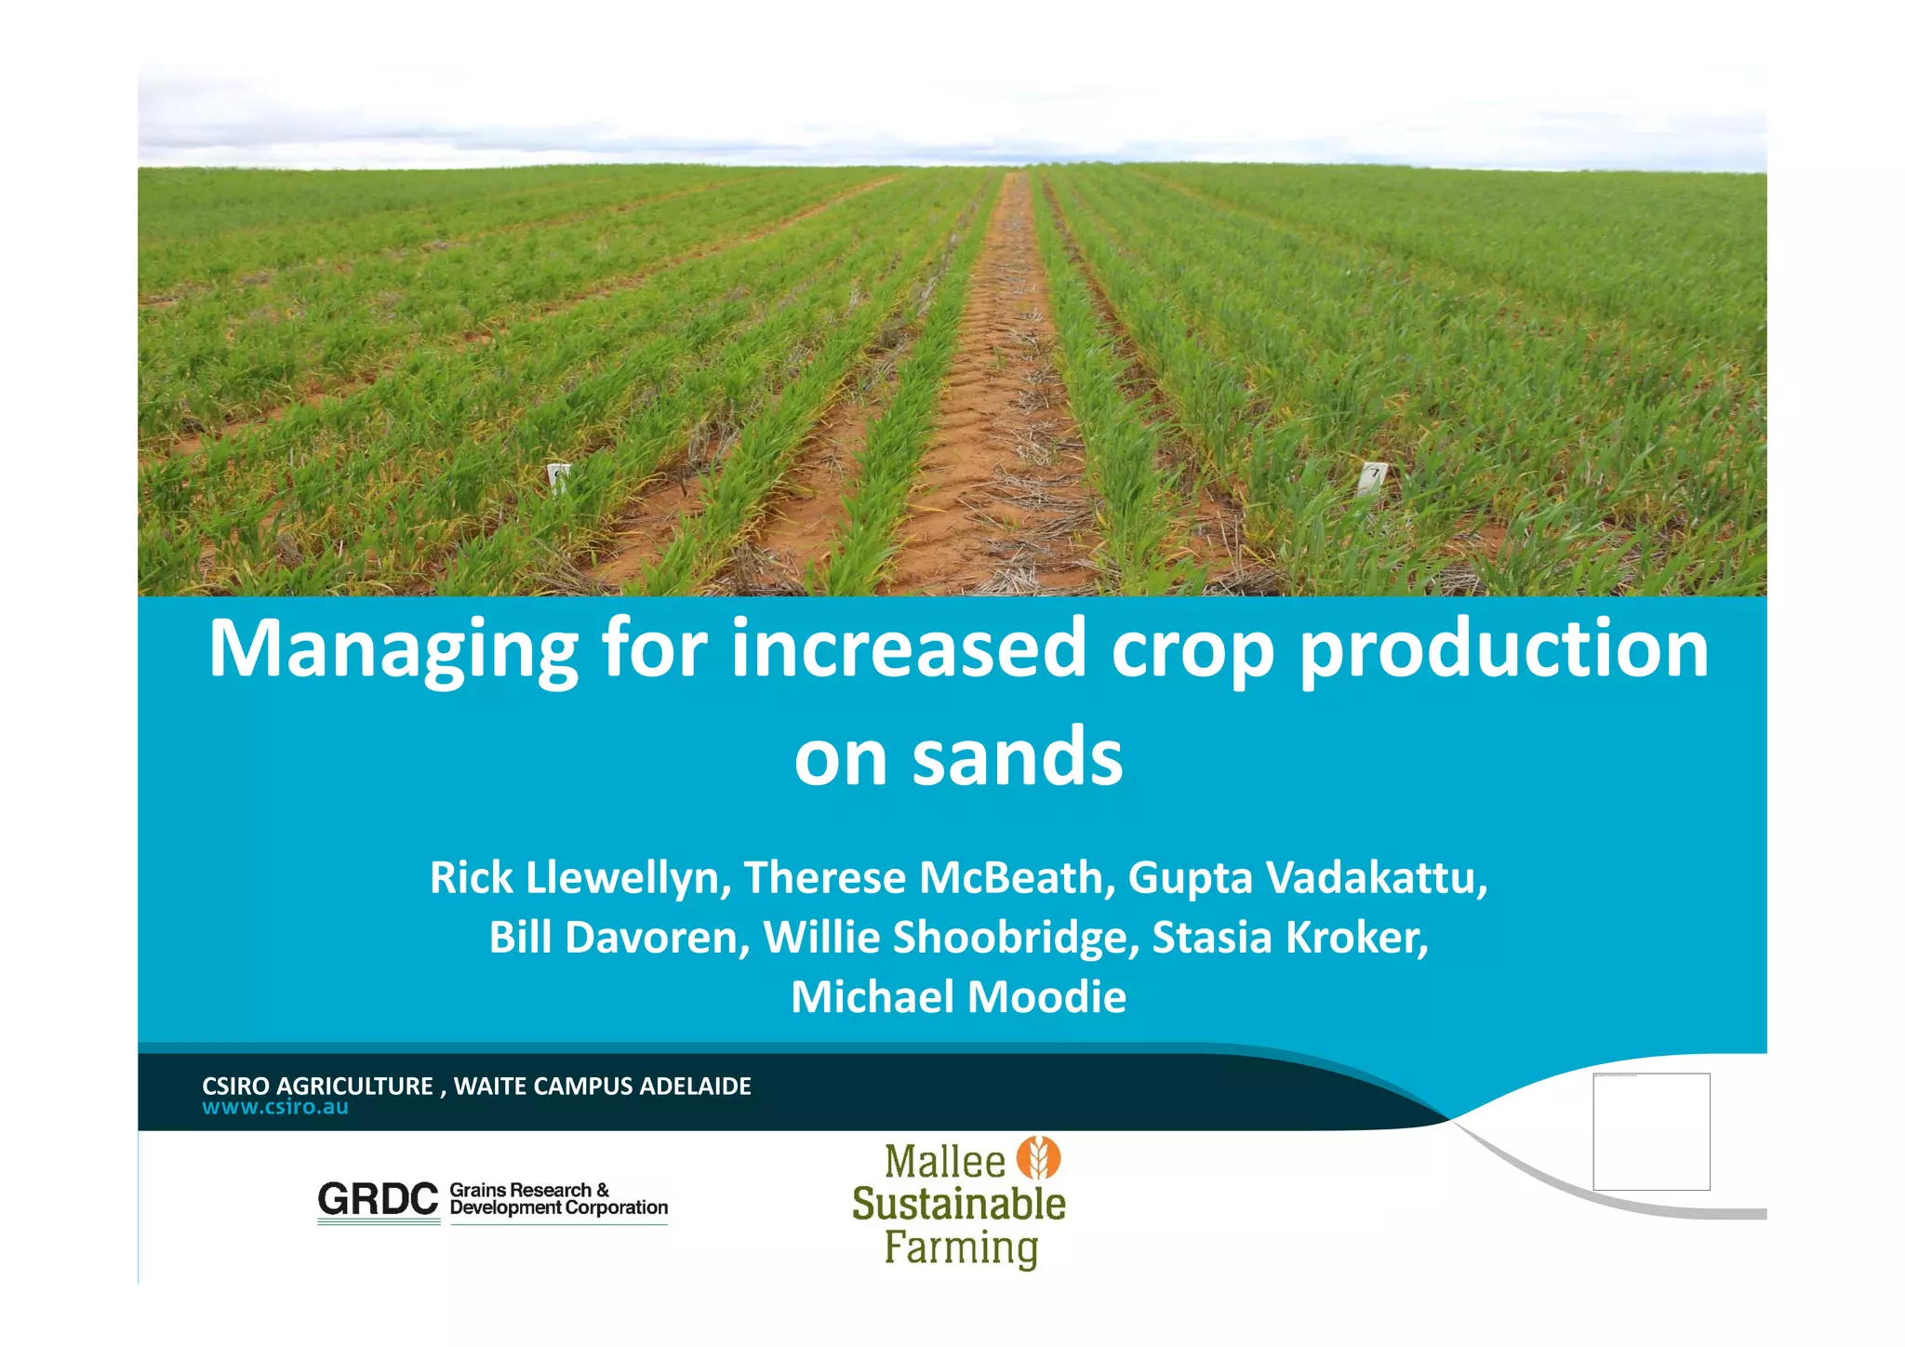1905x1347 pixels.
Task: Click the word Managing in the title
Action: (392, 649)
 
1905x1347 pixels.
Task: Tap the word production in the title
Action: (1503, 649)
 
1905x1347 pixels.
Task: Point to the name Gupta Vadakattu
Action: (1306, 878)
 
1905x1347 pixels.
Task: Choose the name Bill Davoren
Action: (619, 938)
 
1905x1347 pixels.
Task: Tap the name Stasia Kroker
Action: (1289, 938)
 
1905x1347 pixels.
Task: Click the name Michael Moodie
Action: (958, 997)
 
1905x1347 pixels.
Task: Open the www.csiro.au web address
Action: (275, 1107)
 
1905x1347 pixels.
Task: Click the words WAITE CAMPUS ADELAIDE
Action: (602, 1086)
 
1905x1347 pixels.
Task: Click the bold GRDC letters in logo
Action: (378, 1199)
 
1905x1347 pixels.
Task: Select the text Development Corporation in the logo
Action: (558, 1207)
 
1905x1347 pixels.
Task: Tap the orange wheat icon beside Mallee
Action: (1038, 1158)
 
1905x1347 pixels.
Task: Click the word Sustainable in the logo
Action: (958, 1205)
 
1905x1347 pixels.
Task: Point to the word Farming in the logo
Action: (961, 1247)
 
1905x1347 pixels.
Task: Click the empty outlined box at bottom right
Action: (1651, 1131)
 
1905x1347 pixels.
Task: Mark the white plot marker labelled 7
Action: (1372, 478)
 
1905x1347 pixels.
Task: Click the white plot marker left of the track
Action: (558, 477)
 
